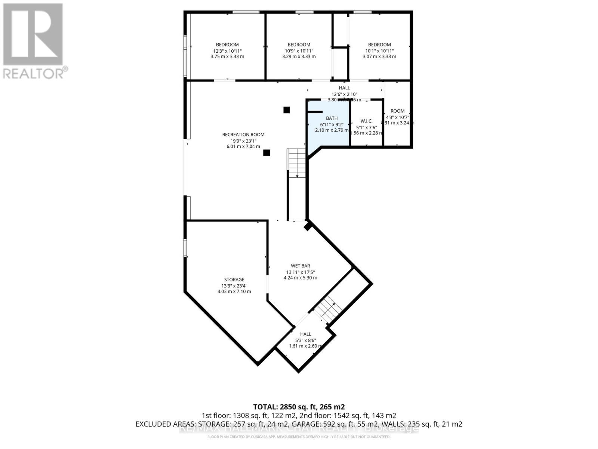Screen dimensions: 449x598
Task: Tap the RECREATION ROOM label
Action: tap(243, 135)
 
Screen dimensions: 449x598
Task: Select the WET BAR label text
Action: tap(300, 266)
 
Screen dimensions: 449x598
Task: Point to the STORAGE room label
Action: tap(234, 280)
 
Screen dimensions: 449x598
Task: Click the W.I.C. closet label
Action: tap(366, 121)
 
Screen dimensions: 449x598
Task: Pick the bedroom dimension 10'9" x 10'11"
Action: tap(299, 51)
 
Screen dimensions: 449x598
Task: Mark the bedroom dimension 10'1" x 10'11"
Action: tap(379, 51)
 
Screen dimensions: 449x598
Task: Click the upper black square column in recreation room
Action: tap(286, 110)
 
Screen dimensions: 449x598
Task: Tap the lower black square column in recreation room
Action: tap(266, 153)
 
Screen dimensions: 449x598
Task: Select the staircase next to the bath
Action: tap(297, 163)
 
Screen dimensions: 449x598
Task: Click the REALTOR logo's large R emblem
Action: tap(33, 34)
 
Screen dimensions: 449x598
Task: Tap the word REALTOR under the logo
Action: tap(34, 73)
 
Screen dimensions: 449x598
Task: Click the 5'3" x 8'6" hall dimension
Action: tap(306, 340)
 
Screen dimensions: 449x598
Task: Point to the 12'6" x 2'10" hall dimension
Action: tap(344, 94)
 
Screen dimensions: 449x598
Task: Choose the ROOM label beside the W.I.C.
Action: tap(397, 111)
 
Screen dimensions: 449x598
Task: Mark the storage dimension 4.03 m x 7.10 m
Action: tap(234, 291)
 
